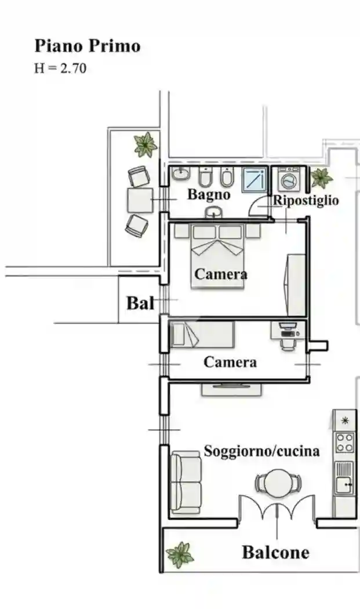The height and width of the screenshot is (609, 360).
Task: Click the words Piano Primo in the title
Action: tap(88, 46)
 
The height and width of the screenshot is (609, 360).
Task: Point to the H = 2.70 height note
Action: tap(60, 68)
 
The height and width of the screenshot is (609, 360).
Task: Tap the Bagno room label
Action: tap(208, 195)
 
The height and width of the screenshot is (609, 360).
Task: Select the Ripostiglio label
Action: tap(306, 201)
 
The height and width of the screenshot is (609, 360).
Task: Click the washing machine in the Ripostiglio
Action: tap(287, 180)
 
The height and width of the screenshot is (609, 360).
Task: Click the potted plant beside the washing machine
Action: tap(321, 177)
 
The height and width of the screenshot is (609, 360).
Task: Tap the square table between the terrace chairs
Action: tap(140, 200)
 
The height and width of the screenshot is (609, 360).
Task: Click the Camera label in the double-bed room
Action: tap(221, 274)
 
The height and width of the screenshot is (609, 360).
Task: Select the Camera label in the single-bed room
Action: tap(230, 362)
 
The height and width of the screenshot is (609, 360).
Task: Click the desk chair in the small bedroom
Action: tap(287, 343)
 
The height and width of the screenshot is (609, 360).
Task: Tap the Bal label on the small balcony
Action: tap(140, 303)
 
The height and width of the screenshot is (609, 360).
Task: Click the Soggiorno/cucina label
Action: tap(261, 451)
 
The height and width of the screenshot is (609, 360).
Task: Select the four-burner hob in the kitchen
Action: tap(344, 443)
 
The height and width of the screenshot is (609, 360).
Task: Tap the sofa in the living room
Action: tap(186, 483)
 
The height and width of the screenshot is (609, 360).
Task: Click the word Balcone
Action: tap(275, 552)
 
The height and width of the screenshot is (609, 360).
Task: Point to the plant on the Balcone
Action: tap(180, 554)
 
